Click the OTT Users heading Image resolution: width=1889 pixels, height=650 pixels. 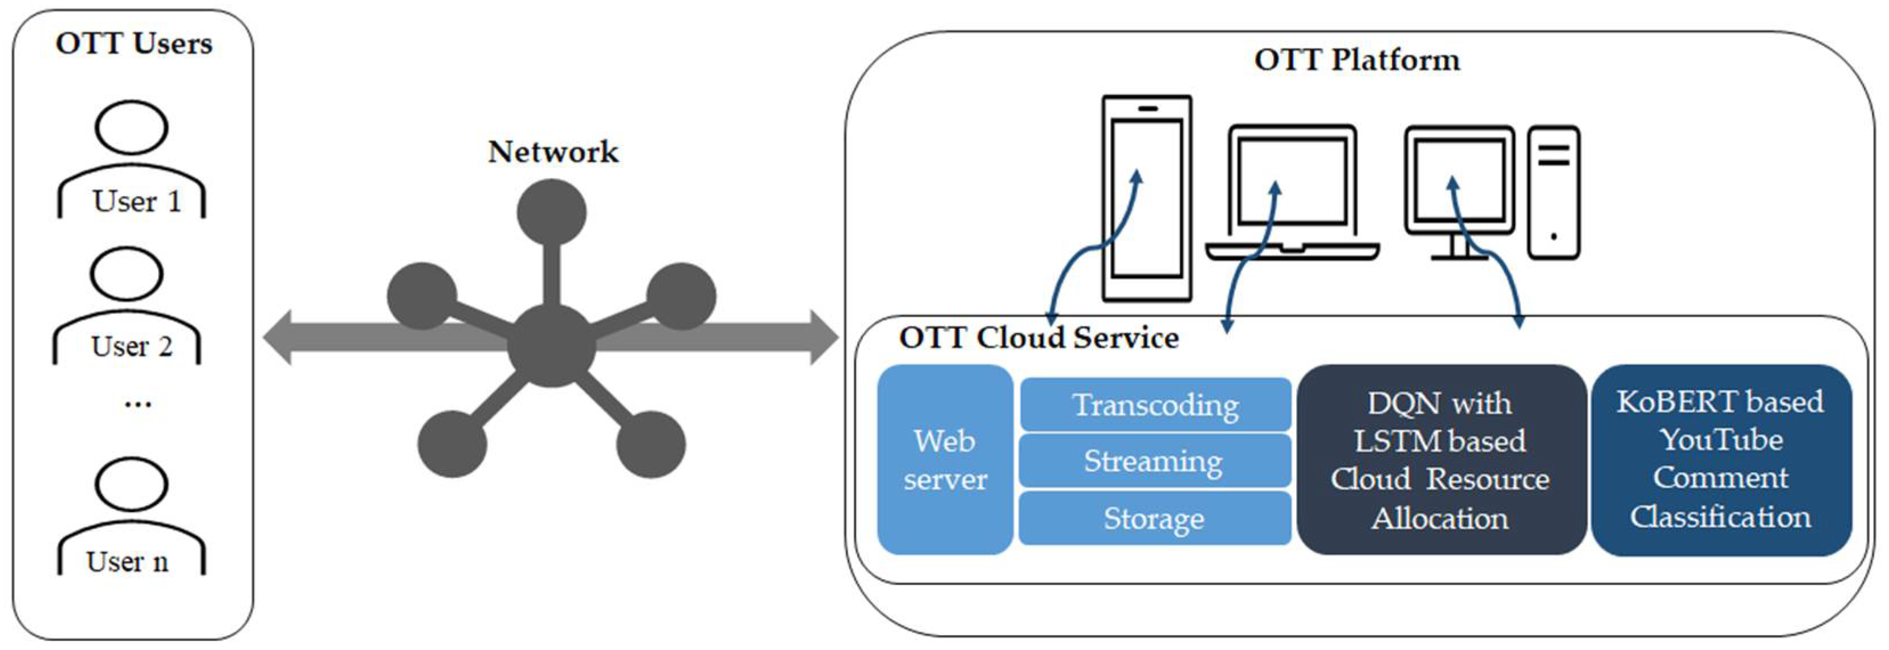(x=134, y=44)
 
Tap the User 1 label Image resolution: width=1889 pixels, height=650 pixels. (x=136, y=201)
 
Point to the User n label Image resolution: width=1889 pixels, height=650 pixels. (x=128, y=561)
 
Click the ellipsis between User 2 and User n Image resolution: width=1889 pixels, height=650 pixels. (x=138, y=403)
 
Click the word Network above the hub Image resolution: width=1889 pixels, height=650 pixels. (x=553, y=152)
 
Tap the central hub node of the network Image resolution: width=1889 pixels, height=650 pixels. (x=551, y=346)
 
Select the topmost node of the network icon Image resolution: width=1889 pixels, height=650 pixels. (x=551, y=213)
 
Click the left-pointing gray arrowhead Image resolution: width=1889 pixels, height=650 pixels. (x=277, y=337)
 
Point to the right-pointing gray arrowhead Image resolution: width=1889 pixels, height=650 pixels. (x=824, y=337)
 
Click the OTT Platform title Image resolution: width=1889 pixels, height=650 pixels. (x=1357, y=60)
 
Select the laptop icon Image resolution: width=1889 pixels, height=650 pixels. (x=1293, y=192)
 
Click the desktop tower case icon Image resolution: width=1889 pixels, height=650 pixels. (x=1554, y=193)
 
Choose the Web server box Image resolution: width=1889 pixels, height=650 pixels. (x=945, y=460)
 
